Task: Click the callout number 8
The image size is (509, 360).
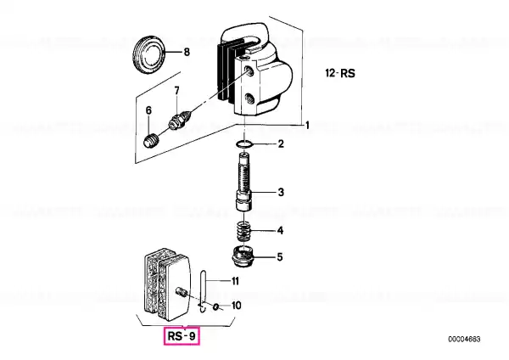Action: (x=187, y=52)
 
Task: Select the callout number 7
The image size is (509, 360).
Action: (x=176, y=91)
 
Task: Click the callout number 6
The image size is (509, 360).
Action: (x=148, y=110)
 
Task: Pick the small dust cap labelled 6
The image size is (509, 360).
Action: (x=151, y=142)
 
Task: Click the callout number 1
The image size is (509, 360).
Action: (x=307, y=125)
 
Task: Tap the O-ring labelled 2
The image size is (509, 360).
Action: (x=243, y=144)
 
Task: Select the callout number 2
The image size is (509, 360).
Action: (x=281, y=144)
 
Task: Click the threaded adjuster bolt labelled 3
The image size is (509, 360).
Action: (x=243, y=183)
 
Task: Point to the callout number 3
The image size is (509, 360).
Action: (x=281, y=193)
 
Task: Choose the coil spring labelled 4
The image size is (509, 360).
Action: (x=243, y=231)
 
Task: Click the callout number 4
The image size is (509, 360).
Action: (x=280, y=231)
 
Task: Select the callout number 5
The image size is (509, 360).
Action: (x=280, y=257)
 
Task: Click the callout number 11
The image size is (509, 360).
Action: (x=235, y=281)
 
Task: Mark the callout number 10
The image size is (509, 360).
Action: (x=237, y=306)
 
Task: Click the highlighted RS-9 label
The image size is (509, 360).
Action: (x=182, y=336)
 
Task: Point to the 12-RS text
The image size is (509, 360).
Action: (x=340, y=73)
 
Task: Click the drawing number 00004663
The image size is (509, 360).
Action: (x=464, y=340)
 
